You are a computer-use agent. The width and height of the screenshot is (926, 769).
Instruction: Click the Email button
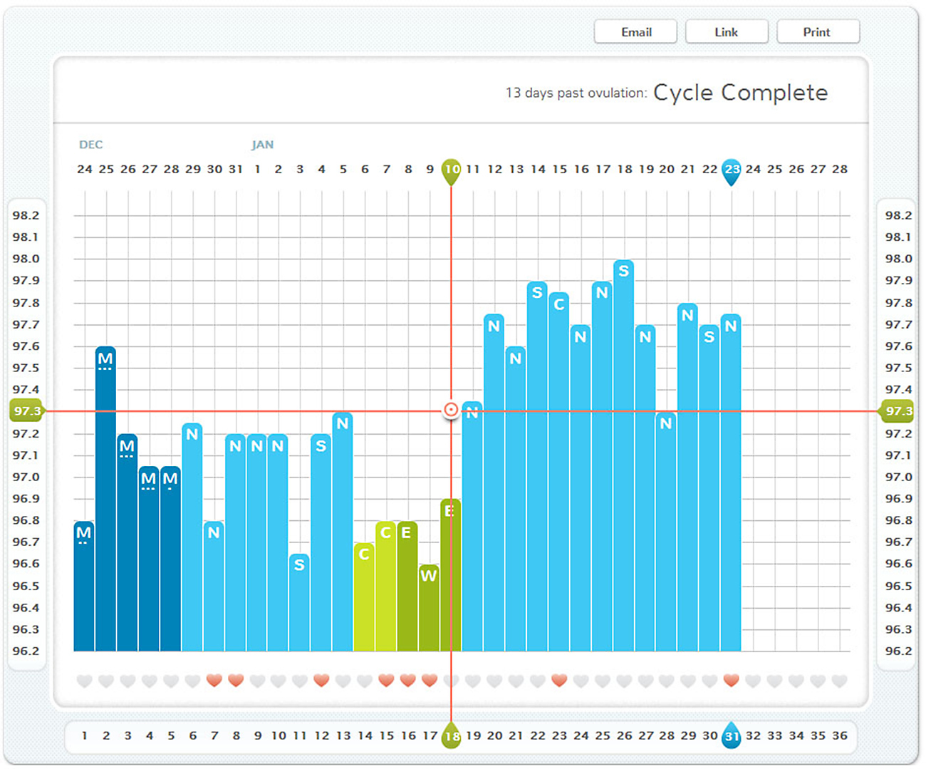click(635, 32)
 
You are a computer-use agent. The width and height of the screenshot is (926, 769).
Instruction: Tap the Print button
click(817, 32)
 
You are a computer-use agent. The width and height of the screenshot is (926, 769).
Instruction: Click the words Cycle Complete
click(740, 93)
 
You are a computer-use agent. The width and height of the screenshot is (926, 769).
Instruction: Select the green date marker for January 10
click(451, 170)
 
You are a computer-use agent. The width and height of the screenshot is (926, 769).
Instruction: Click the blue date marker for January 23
click(732, 170)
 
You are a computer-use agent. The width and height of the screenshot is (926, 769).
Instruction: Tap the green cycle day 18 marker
click(452, 736)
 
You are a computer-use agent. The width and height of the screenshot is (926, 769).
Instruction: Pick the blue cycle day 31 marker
click(732, 736)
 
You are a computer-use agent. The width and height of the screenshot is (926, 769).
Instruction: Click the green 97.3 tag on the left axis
click(26, 411)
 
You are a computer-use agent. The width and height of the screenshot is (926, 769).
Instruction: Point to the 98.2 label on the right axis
click(898, 215)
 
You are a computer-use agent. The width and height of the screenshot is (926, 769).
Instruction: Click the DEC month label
click(90, 145)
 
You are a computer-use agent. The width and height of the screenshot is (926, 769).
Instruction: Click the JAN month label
click(262, 145)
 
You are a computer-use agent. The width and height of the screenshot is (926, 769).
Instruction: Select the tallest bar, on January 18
click(623, 456)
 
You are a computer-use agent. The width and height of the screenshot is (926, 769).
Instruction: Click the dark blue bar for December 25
click(105, 499)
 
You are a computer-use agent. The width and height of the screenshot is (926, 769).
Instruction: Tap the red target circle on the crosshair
click(451, 410)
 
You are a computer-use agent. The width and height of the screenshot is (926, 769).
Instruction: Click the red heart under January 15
click(559, 681)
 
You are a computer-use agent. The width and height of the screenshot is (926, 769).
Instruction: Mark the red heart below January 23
click(731, 681)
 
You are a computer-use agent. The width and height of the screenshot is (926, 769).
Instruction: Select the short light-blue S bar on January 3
click(299, 602)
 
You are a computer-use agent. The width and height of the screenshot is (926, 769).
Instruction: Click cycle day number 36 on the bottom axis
click(840, 736)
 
